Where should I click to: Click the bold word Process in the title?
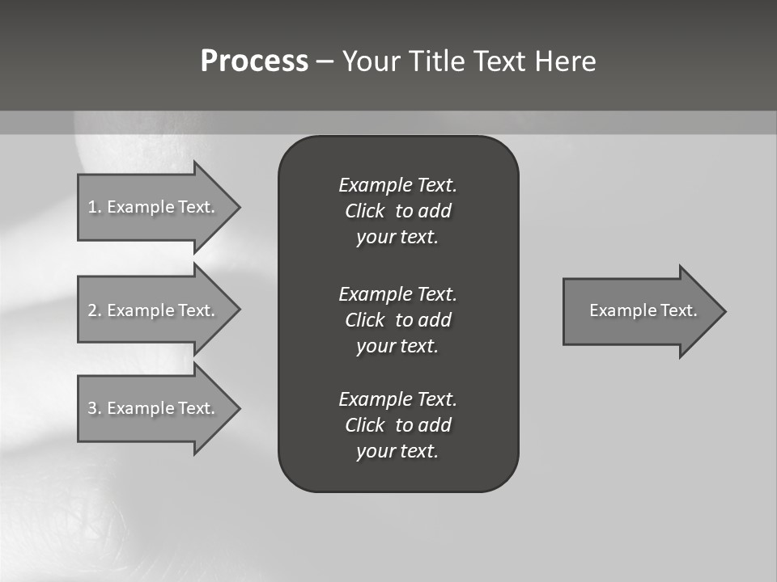(254, 61)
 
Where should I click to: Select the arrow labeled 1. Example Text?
(154, 207)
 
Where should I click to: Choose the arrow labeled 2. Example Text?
(154, 310)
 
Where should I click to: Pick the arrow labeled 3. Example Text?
(154, 408)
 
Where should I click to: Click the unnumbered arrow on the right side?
(639, 311)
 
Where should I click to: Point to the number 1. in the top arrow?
(95, 207)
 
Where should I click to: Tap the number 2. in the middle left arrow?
(95, 310)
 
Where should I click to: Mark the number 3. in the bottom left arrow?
(95, 408)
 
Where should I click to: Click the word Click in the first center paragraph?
(365, 212)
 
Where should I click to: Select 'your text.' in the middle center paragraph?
(397, 346)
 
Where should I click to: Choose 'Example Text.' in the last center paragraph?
(397, 399)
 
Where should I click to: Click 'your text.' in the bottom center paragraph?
(397, 451)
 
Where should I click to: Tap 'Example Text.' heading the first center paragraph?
(397, 185)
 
